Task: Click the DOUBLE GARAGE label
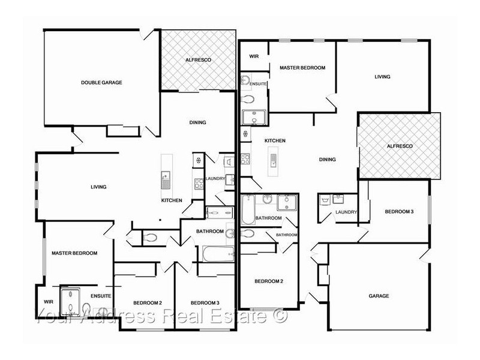pyautogui.click(x=101, y=82)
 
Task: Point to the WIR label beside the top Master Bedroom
pyautogui.click(x=253, y=56)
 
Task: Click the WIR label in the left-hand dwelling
pyautogui.click(x=48, y=302)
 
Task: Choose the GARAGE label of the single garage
pyautogui.click(x=379, y=296)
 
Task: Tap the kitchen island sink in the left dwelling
pyautogui.click(x=166, y=178)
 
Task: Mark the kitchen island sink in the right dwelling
pyautogui.click(x=273, y=160)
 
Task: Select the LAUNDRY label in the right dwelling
pyautogui.click(x=346, y=212)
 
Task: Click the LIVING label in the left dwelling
pyautogui.click(x=98, y=187)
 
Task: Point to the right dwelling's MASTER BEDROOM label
pyautogui.click(x=302, y=68)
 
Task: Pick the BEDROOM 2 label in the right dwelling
pyautogui.click(x=268, y=281)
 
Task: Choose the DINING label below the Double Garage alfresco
pyautogui.click(x=197, y=122)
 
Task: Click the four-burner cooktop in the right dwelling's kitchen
pyautogui.click(x=245, y=160)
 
